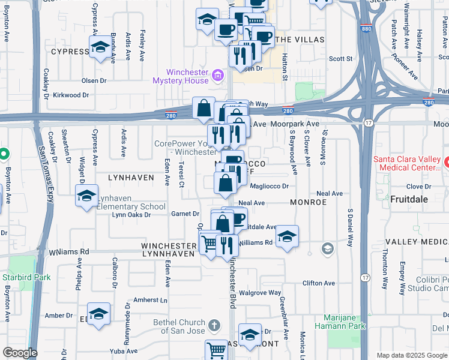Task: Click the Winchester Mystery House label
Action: (179, 76)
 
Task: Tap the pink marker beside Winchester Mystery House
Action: (217, 76)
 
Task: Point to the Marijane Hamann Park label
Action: (340, 321)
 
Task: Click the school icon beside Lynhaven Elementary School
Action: (86, 196)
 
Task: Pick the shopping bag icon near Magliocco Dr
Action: (225, 183)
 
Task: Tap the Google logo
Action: (20, 353)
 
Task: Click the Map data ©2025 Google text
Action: (411, 355)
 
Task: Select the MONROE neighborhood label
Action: (308, 202)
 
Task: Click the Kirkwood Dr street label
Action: (70, 95)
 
